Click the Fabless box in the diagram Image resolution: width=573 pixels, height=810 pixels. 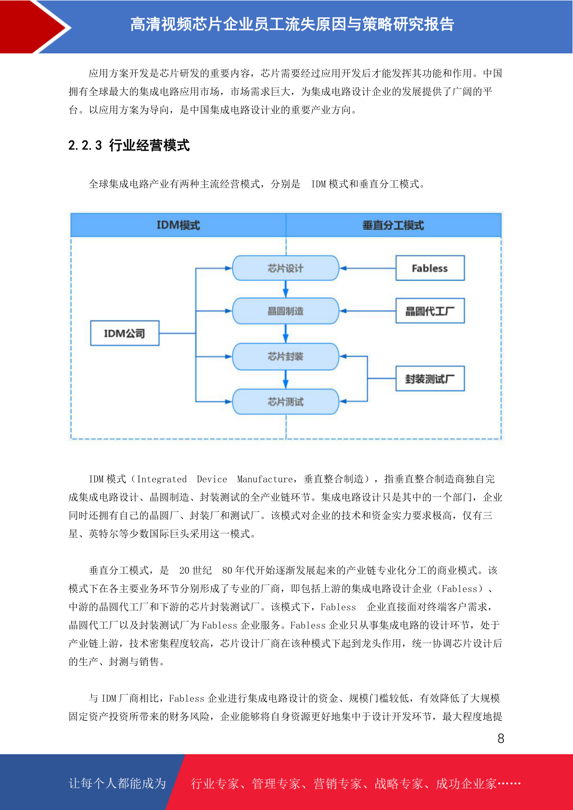coord(430,268)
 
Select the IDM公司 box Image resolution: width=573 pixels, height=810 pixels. coord(125,333)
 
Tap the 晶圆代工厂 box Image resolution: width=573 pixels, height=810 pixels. coord(430,311)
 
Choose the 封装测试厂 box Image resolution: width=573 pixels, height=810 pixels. coord(430,379)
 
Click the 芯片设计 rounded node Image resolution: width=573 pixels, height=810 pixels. coord(285,268)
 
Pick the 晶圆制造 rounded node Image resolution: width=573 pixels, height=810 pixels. coord(285,311)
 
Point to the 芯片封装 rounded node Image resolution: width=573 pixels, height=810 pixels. coord(285,356)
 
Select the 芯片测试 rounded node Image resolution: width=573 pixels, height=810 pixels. coord(285,401)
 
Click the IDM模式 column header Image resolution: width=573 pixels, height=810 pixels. coord(178,225)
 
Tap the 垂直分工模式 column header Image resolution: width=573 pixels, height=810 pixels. coord(394,225)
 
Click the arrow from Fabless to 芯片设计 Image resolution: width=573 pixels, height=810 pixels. coord(368,268)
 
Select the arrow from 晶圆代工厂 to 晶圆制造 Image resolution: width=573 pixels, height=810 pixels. coord(368,311)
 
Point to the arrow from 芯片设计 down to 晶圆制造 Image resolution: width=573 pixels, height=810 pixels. coord(285,289)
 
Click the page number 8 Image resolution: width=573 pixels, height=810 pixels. coord(501,738)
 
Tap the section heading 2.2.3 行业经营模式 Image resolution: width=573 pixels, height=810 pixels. coord(129,145)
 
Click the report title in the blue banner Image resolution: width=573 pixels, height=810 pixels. coord(292,25)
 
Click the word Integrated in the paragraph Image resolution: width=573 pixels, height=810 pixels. coord(162,479)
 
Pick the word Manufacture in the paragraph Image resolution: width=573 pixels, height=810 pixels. coord(265,479)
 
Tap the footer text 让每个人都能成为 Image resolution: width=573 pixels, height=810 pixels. coord(117,783)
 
